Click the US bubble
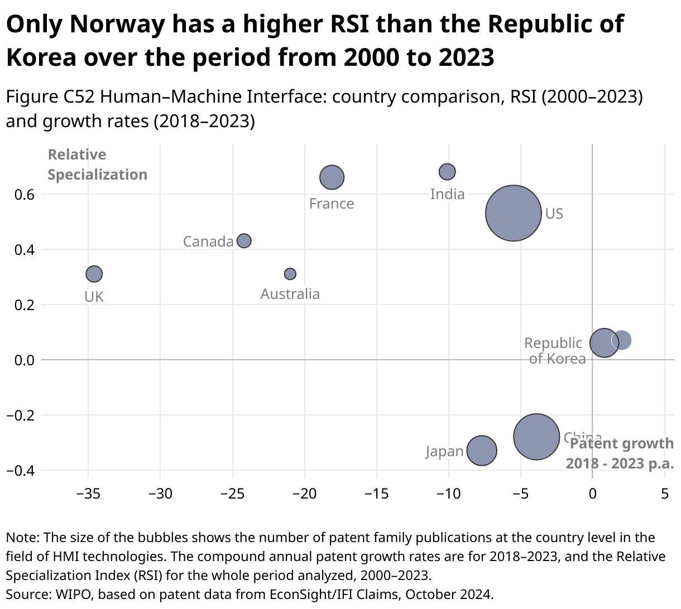point(514,213)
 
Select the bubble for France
point(332,177)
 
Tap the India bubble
point(447,171)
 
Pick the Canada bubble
point(244,241)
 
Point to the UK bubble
point(94,274)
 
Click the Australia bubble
point(290,274)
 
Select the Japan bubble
point(482,451)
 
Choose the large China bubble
point(536,437)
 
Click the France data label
point(332,204)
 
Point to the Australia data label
point(290,294)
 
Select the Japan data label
point(444,451)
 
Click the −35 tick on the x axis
point(88,494)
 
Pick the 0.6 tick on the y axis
point(25,195)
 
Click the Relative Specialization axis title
point(97,165)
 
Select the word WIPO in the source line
point(71,594)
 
